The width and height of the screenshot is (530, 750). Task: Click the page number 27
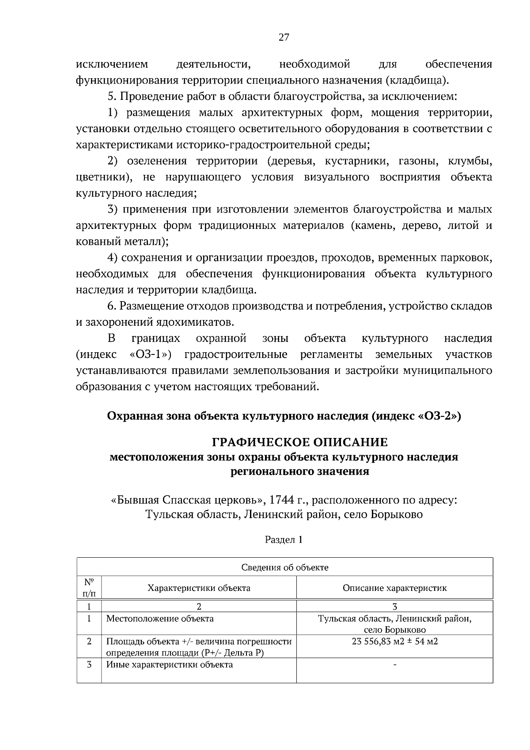[284, 37]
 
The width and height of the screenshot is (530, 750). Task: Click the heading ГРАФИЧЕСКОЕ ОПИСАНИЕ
[300, 442]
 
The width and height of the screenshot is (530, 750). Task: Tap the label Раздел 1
[284, 540]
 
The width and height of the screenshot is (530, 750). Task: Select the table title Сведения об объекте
[285, 567]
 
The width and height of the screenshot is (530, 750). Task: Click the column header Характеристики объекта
[199, 588]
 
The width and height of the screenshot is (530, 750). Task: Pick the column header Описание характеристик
[394, 588]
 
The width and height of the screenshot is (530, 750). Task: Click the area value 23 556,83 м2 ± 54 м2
[394, 641]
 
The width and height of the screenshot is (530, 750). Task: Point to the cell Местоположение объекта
[160, 618]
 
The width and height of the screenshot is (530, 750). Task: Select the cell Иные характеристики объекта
[169, 664]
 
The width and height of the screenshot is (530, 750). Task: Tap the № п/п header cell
[89, 588]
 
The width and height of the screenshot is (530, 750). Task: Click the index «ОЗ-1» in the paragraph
[151, 354]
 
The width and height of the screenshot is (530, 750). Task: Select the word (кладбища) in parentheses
[417, 80]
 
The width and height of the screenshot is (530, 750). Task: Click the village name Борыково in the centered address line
[396, 514]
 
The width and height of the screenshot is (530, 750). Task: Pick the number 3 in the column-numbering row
[394, 606]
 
